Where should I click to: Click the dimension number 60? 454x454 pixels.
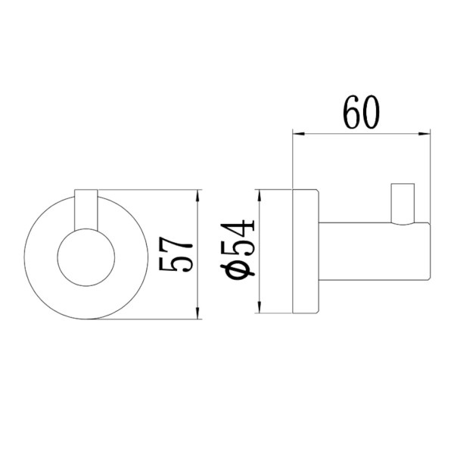361,112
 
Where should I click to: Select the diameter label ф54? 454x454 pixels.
238,248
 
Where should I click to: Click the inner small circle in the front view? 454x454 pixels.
86,257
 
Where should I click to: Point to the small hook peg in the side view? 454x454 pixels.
403,204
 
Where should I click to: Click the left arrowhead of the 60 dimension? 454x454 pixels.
299,133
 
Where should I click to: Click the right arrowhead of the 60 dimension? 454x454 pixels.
424,133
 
